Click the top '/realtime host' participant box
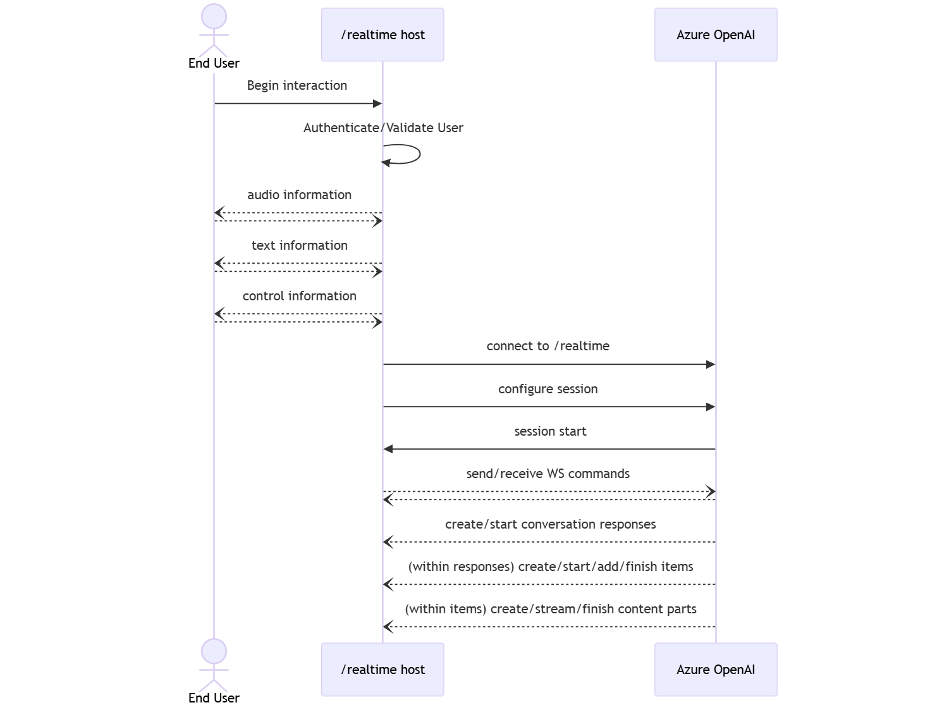pos(382,35)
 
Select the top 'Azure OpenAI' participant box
pos(716,35)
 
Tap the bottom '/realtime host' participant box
pos(382,670)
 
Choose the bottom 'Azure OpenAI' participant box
pos(716,670)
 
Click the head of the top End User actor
pos(214,16)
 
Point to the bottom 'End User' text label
pos(214,697)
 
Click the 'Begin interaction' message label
pos(297,85)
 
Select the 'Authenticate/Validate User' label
pos(383,128)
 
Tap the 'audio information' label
pos(299,195)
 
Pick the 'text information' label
pos(299,245)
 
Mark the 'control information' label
pos(299,296)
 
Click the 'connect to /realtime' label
pos(548,346)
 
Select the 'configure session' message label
pos(548,389)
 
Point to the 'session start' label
pos(550,431)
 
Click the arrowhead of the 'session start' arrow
pos(388,449)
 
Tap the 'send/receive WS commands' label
pos(548,474)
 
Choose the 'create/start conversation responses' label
pos(550,524)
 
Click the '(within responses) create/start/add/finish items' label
pos(550,567)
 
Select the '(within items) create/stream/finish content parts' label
pos(550,609)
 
